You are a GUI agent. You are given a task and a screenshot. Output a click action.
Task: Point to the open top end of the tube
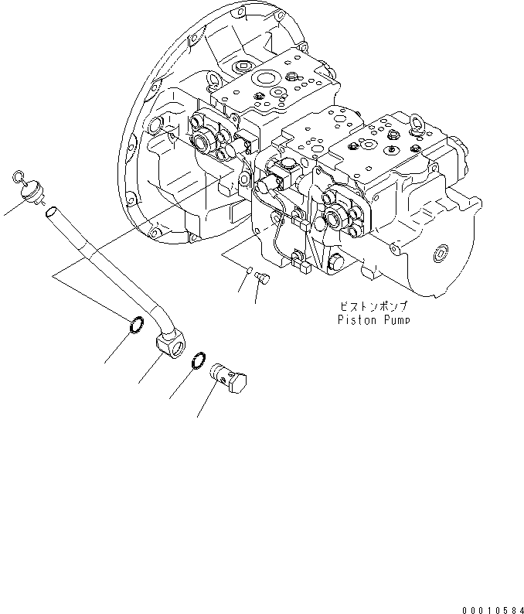49,211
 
